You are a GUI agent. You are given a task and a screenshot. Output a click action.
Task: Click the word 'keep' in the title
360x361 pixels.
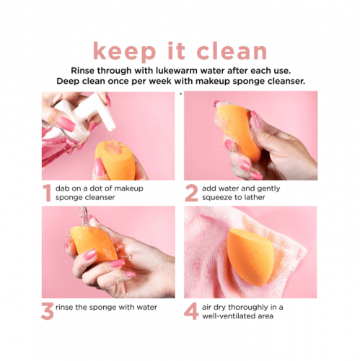tap(124, 51)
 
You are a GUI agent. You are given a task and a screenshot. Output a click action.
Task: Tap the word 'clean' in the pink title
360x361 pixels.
tap(232, 51)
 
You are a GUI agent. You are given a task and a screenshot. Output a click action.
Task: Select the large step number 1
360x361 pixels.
tap(47, 193)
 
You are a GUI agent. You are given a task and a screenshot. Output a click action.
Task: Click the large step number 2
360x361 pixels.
tap(191, 193)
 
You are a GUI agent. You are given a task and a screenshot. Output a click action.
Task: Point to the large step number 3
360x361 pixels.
tap(48, 311)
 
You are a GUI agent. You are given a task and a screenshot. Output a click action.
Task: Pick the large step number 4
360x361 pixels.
tap(191, 311)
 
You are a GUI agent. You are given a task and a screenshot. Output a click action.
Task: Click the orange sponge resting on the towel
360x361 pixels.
tap(249, 258)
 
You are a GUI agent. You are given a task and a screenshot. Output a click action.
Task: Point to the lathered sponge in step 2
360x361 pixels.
tap(238, 132)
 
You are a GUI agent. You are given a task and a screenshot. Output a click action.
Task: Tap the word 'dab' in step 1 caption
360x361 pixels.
tap(61, 188)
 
